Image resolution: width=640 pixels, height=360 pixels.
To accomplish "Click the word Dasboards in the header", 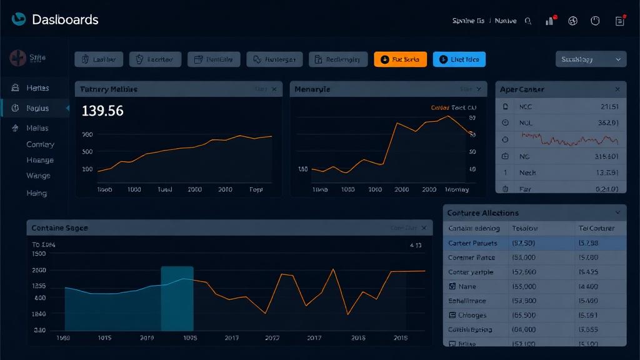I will [x=65, y=20].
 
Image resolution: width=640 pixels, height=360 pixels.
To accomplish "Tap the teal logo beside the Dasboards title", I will [x=19, y=19].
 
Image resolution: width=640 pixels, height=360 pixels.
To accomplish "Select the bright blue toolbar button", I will [x=459, y=59].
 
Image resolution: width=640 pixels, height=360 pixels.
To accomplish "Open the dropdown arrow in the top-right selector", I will [x=618, y=59].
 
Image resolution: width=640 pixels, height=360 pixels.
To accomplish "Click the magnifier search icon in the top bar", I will [x=528, y=21].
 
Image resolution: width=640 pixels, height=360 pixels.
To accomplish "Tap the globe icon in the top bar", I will [x=572, y=21].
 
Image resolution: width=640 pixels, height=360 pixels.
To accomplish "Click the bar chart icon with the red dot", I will [x=550, y=21].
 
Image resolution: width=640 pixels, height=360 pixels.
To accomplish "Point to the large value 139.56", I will [x=102, y=111].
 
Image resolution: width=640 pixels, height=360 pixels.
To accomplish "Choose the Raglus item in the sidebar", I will [x=37, y=108].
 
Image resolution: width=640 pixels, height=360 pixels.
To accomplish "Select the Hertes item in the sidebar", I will [x=37, y=88].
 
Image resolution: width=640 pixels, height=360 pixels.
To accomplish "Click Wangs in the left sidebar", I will [x=38, y=176].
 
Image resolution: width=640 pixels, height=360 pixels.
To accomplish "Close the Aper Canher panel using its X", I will [x=617, y=89].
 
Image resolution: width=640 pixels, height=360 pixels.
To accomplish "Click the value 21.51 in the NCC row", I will [x=608, y=107].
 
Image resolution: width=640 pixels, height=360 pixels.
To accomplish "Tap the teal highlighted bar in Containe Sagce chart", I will [x=177, y=298].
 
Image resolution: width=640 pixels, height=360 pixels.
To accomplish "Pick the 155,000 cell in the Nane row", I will [x=524, y=287].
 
